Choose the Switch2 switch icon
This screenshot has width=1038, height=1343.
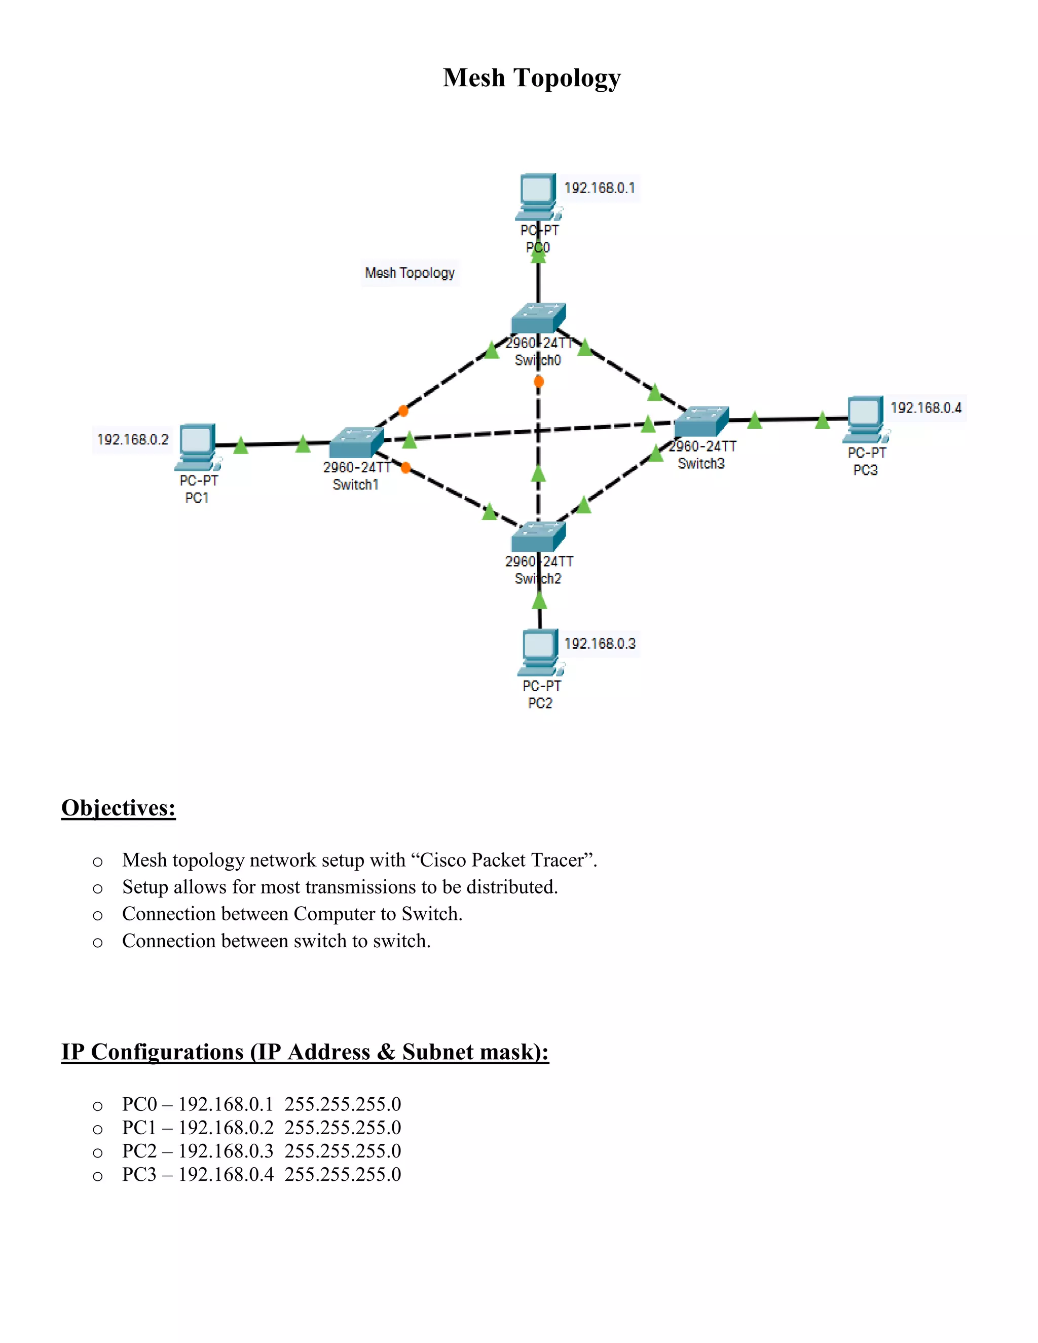[x=538, y=536]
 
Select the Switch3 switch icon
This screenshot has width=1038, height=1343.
[x=701, y=421]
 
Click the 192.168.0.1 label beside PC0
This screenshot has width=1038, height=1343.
[x=600, y=188]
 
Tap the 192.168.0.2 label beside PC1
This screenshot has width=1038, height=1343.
[x=132, y=439]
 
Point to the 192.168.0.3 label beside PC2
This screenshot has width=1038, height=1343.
[x=600, y=643]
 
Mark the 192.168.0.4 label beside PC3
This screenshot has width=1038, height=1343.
[x=925, y=407]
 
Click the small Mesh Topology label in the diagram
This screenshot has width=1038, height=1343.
[x=410, y=273]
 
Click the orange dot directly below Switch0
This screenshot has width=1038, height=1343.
[x=539, y=382]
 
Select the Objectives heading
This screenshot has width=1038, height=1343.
[x=119, y=807]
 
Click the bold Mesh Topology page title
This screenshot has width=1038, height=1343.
[x=531, y=78]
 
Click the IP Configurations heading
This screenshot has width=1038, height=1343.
[x=305, y=1052]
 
